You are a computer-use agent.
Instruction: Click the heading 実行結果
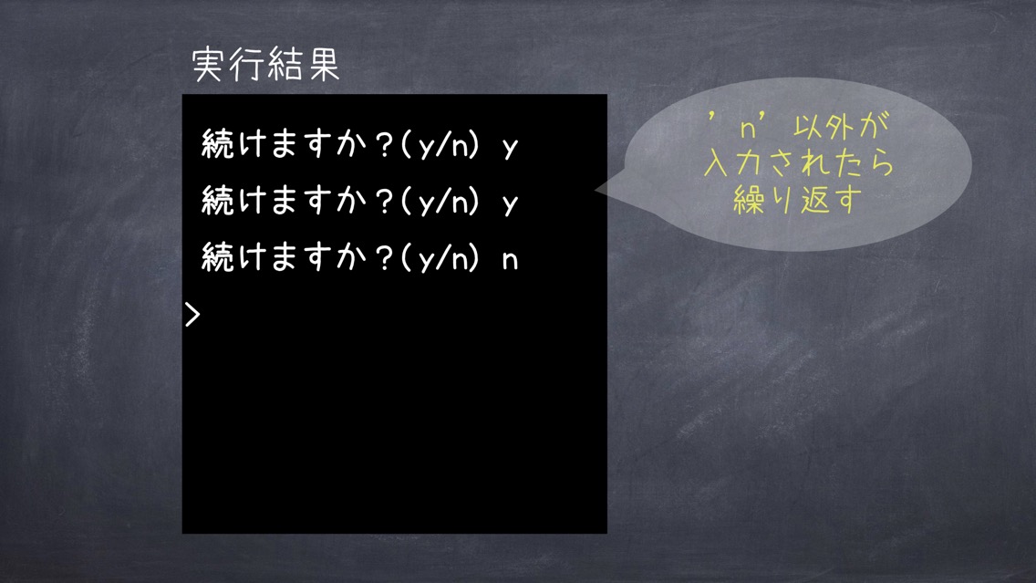[265, 66]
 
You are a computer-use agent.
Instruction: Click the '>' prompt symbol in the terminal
[192, 315]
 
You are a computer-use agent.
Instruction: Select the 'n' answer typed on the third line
[510, 260]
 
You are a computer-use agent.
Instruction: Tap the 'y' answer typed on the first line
[510, 148]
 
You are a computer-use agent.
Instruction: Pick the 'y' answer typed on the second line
[510, 204]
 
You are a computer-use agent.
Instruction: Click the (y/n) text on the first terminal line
[440, 144]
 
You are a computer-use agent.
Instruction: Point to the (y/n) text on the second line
[440, 201]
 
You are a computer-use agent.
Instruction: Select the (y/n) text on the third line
[440, 258]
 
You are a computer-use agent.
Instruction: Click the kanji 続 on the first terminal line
[218, 143]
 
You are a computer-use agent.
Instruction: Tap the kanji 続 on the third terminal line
[218, 257]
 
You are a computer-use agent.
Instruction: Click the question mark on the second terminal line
[384, 201]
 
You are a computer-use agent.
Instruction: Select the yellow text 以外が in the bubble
[841, 126]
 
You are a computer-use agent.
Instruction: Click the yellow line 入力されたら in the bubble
[799, 162]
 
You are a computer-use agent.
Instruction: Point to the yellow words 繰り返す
[798, 200]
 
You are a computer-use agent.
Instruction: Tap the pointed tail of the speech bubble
[596, 190]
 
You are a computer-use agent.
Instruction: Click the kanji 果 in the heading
[323, 66]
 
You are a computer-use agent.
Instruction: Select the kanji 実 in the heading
[208, 66]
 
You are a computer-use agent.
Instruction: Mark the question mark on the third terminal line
[384, 258]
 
